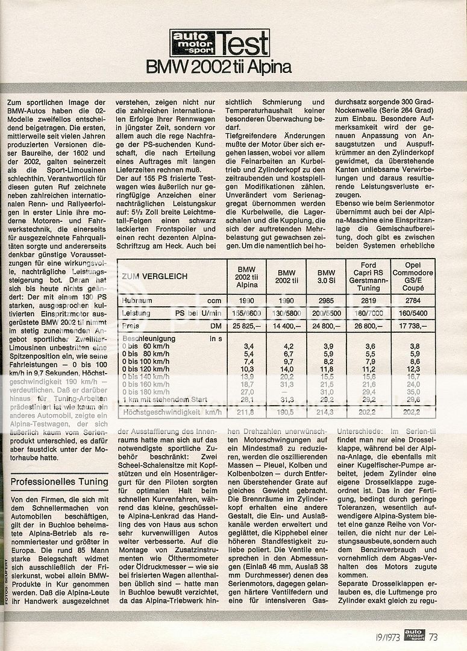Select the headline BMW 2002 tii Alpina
coord(219,67)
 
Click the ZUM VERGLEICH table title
coord(154,276)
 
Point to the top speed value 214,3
coord(326,413)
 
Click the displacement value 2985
coord(326,300)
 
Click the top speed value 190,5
coord(285,413)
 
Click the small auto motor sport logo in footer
coord(414,635)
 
